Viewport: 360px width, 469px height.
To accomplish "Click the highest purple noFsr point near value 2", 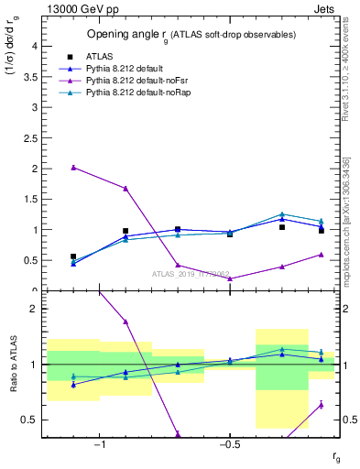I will [x=73, y=168].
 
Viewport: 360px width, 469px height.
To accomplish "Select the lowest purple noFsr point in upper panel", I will [x=230, y=278].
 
